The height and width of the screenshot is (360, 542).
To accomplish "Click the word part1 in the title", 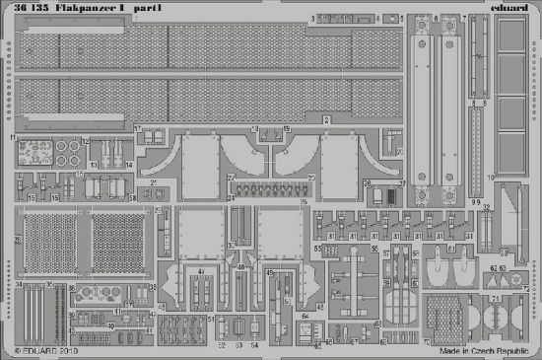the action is pos(151,8).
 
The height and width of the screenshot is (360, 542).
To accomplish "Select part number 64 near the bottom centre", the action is pos(306,315).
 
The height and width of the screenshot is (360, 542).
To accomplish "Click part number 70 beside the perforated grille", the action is pos(426,342).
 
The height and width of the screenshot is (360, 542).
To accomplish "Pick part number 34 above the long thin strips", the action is pos(20,285).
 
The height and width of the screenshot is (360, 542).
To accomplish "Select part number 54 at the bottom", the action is pos(253,345).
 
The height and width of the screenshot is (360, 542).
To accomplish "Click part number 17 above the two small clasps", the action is pos(137,129).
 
